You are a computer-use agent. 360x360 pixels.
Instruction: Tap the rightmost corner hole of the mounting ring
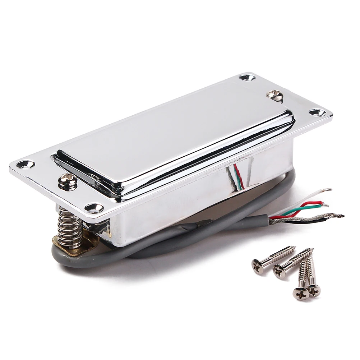coord(318,113)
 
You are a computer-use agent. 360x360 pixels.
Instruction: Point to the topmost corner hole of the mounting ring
coord(246,77)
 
